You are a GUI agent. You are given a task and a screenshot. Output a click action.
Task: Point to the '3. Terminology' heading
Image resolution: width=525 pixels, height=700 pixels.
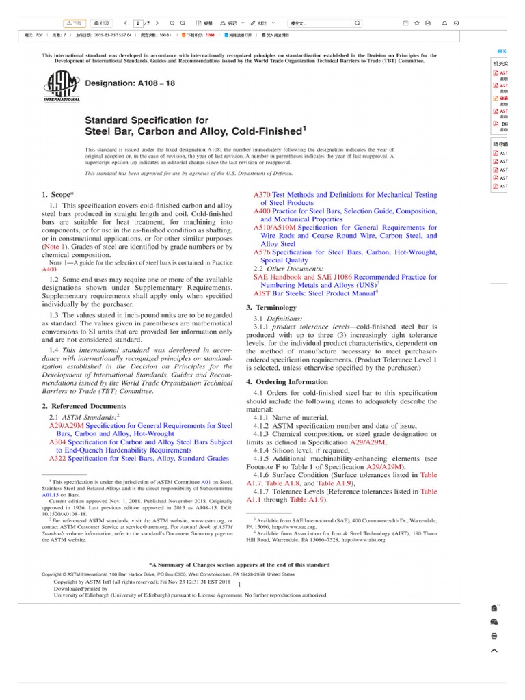click(x=271, y=308)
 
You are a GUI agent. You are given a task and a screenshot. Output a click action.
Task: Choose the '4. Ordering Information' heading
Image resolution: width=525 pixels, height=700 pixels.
click(x=287, y=382)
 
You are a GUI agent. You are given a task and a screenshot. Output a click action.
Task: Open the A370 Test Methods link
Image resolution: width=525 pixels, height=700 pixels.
click(x=345, y=195)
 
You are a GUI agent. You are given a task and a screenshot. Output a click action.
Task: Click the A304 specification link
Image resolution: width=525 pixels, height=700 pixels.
click(x=140, y=442)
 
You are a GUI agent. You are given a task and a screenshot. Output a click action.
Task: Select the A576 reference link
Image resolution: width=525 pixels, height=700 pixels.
click(x=345, y=252)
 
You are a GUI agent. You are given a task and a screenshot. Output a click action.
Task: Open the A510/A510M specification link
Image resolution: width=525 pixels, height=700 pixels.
click(x=345, y=228)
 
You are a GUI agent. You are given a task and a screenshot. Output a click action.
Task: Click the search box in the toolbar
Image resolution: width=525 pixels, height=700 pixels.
click(x=321, y=23)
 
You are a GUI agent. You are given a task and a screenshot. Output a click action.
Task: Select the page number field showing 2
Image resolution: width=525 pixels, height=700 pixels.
click(x=138, y=23)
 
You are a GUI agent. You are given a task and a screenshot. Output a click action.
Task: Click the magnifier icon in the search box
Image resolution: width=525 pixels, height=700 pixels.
click(x=357, y=23)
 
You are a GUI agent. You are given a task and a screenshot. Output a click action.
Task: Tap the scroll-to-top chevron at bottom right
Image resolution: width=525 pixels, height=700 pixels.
click(x=494, y=650)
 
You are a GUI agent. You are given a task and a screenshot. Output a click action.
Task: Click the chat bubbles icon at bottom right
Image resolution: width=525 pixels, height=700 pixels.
click(x=494, y=622)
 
